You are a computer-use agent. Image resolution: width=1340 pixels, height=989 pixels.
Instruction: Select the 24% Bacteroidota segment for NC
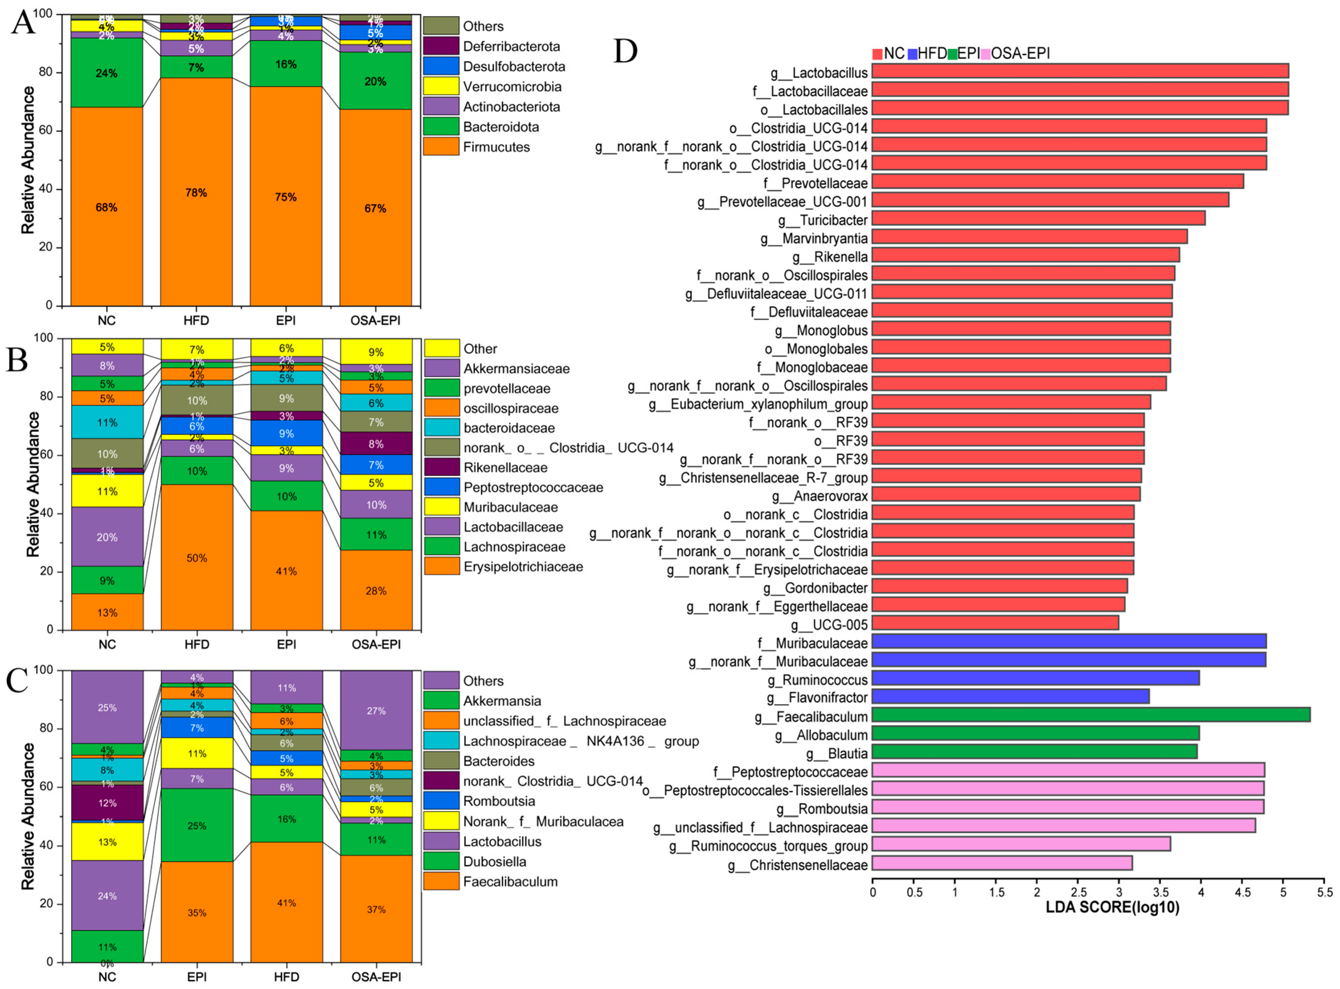[x=107, y=73]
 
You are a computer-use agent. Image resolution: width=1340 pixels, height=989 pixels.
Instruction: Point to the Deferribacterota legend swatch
[x=441, y=46]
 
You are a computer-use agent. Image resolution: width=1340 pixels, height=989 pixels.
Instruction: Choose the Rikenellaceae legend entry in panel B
[x=505, y=467]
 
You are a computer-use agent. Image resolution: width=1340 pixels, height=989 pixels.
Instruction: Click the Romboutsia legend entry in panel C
[x=498, y=801]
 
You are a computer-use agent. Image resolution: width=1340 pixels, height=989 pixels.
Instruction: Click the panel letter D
[x=626, y=52]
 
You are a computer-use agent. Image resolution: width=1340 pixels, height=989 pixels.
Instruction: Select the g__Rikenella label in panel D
[x=830, y=257]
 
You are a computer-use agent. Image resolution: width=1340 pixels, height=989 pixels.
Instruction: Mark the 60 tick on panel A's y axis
[x=53, y=130]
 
